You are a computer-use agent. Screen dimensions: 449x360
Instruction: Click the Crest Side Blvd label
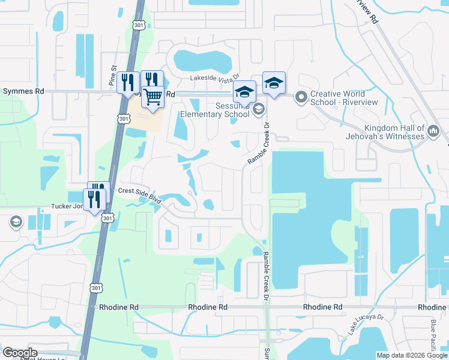click(140, 194)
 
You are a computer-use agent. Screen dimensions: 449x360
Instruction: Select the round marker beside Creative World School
click(301, 96)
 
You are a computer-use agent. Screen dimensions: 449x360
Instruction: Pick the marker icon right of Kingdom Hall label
click(435, 130)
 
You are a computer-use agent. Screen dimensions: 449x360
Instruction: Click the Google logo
click(20, 353)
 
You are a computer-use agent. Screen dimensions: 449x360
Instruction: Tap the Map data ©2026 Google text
click(412, 355)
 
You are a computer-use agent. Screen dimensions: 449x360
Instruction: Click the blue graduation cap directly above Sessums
click(244, 92)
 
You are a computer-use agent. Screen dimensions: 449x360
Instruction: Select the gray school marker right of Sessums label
click(259, 109)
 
